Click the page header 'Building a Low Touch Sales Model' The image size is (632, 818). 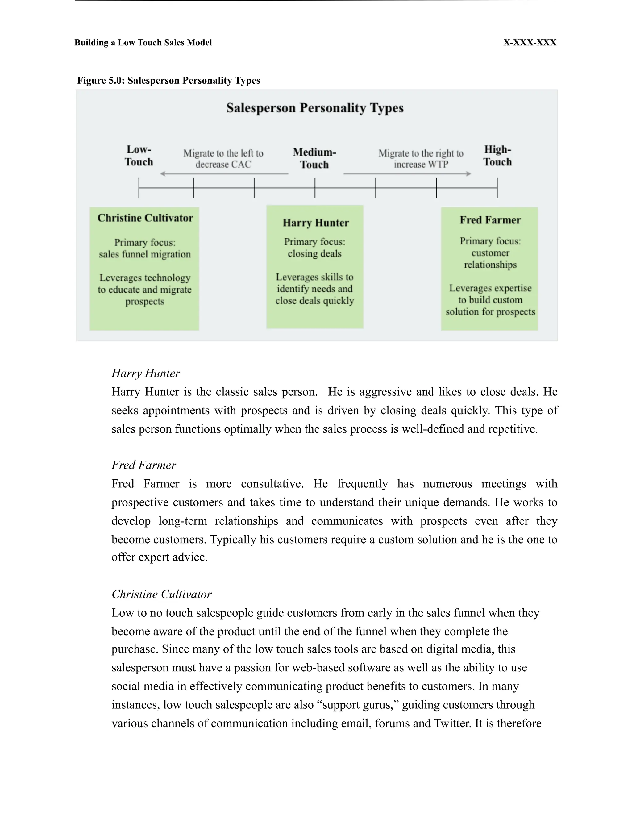143,43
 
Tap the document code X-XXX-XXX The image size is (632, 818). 530,43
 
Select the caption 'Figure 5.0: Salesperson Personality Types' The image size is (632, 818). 168,81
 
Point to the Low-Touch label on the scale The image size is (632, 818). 139,156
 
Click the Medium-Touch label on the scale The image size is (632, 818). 314,158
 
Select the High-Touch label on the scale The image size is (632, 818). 497,156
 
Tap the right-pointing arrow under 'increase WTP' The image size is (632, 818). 407,174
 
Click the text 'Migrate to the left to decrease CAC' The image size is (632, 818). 223,159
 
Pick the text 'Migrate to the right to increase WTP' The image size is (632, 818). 421,159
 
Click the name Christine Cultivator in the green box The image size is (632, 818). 145,218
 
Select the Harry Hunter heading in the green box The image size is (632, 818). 316,223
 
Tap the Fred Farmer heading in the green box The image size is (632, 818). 490,220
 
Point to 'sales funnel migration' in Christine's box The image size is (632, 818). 145,254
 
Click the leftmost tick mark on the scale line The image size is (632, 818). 139,188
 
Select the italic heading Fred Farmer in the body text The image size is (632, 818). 144,465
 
